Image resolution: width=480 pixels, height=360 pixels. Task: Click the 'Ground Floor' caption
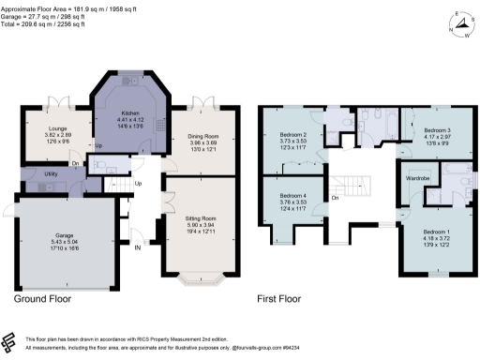tap(42, 301)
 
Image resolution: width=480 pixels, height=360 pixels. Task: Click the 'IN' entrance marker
tap(137, 247)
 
